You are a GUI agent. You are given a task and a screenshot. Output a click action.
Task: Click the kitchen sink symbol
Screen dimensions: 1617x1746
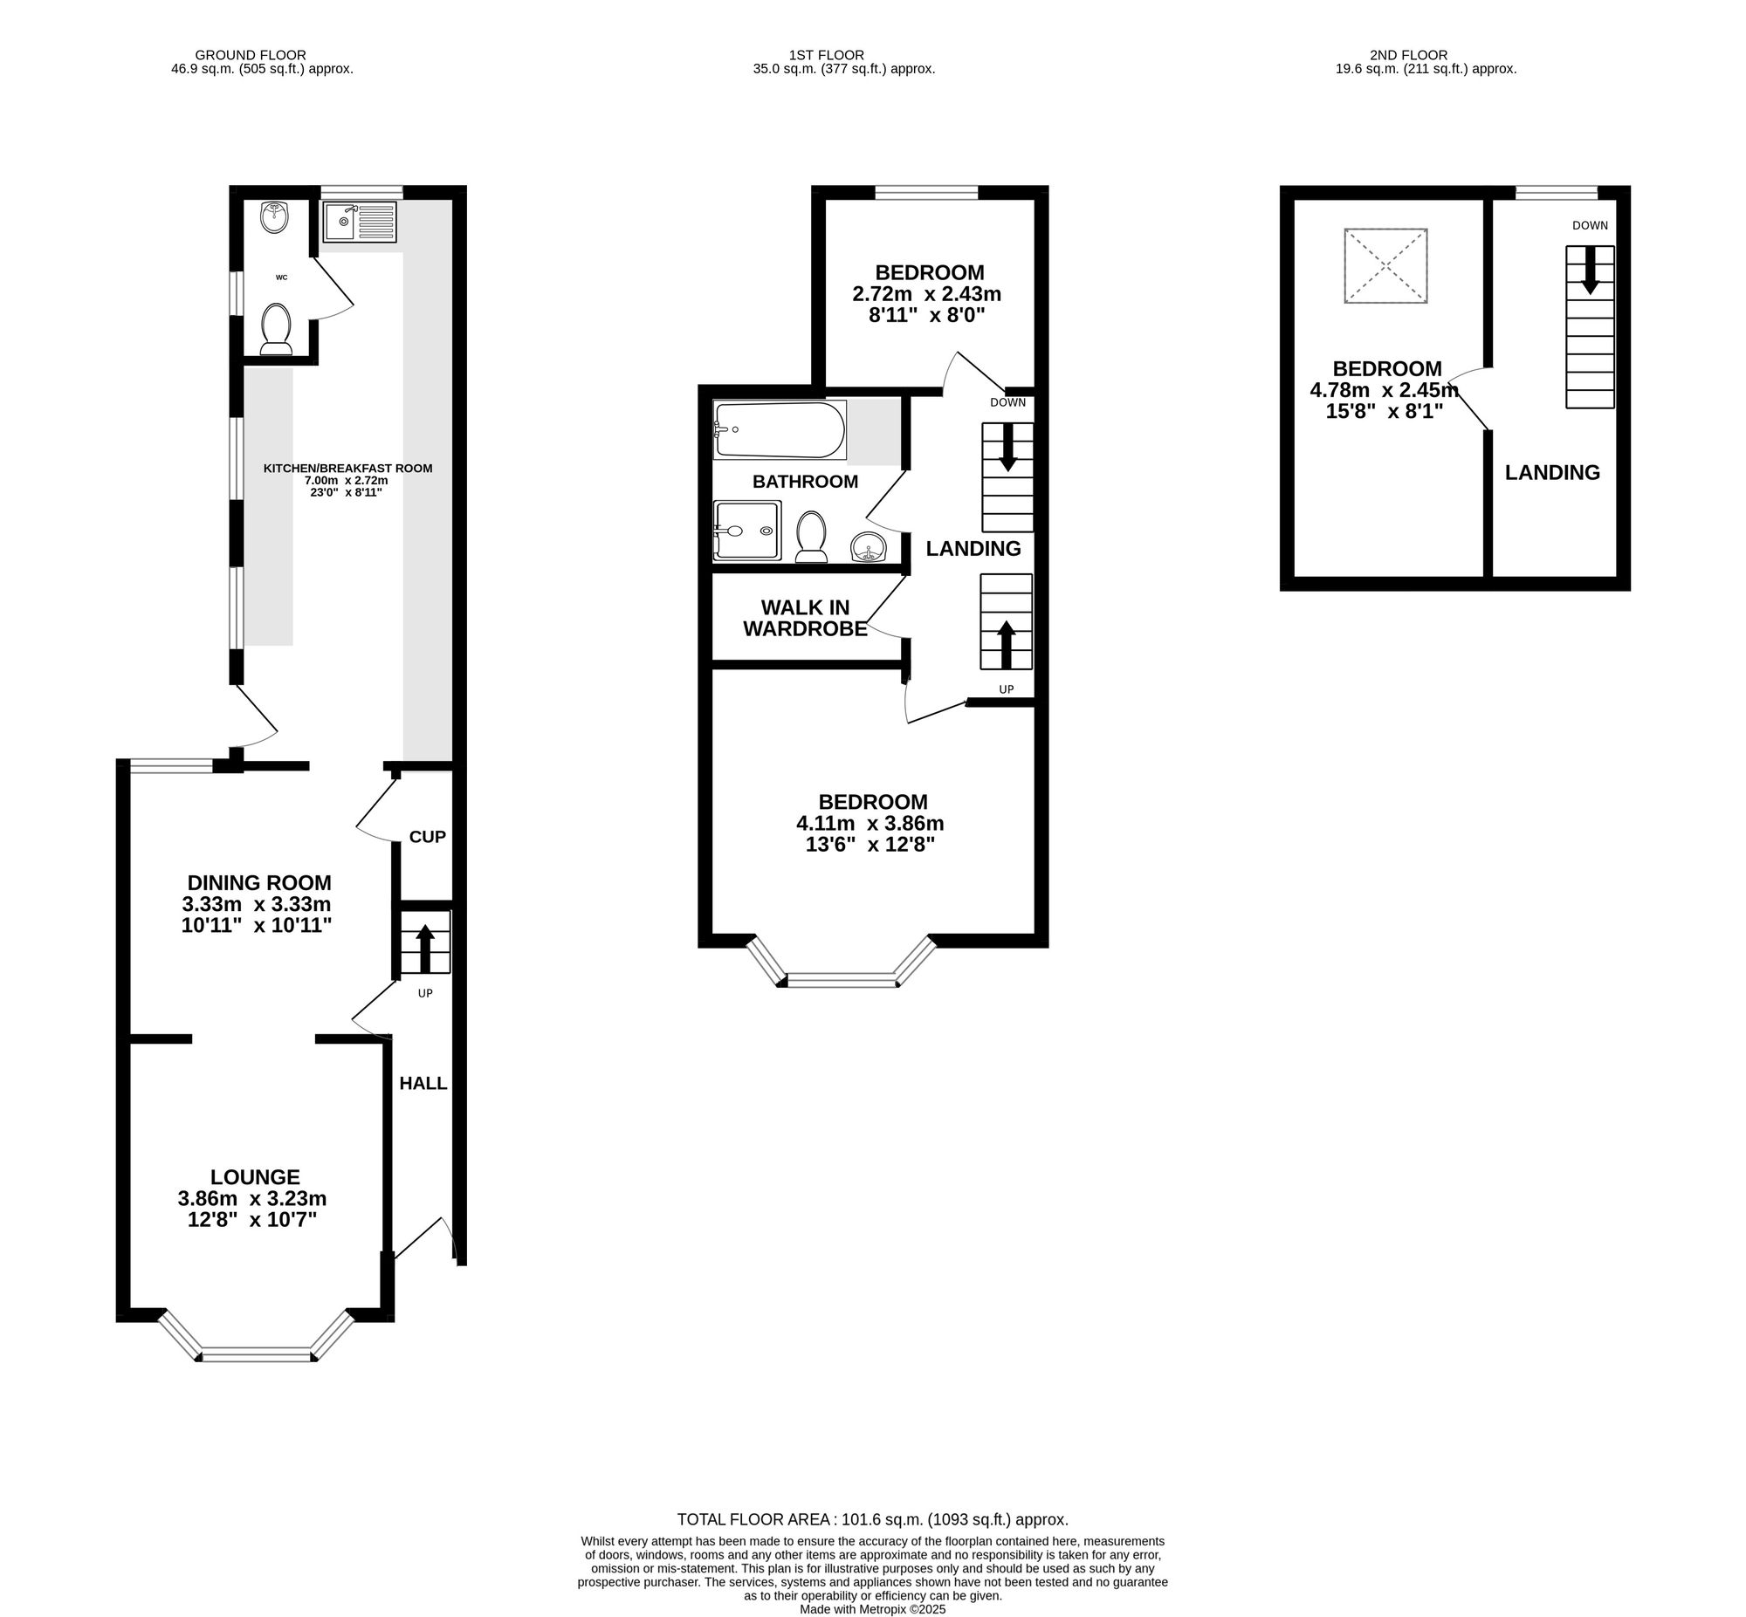[359, 222]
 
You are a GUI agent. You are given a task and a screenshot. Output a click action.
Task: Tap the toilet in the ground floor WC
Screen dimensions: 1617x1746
[276, 329]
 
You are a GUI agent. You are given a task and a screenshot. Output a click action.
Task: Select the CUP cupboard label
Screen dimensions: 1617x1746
[427, 837]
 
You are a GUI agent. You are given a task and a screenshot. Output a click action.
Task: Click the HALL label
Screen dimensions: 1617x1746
[423, 1083]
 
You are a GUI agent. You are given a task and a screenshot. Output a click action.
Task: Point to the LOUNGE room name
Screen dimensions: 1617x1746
[255, 1177]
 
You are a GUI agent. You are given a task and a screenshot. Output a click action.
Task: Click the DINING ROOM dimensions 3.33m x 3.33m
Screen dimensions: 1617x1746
[257, 904]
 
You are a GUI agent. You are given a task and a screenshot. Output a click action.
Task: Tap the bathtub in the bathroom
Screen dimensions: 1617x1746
[778, 429]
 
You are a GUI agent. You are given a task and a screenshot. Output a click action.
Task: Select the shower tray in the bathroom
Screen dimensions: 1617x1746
[746, 531]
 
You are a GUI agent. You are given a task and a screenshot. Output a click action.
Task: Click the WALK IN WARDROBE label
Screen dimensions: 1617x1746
[804, 618]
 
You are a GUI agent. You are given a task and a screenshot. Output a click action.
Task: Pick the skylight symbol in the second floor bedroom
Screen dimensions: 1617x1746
[1385, 266]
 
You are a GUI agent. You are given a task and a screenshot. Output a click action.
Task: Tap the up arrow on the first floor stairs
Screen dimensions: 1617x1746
[1006, 643]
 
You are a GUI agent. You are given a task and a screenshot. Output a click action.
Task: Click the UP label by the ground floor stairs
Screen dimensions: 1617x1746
[424, 993]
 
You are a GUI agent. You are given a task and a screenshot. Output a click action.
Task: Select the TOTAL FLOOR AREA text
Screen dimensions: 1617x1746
[871, 1520]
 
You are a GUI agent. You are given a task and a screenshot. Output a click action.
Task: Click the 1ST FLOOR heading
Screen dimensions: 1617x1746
[819, 55]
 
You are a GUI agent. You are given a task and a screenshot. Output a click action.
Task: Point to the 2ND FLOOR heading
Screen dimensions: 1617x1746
[1408, 55]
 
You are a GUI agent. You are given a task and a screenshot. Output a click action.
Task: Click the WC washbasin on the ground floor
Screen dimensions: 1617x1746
[275, 217]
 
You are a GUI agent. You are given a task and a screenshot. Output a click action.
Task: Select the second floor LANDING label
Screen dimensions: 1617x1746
[1551, 472]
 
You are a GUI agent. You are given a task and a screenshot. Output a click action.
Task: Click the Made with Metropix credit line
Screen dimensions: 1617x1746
[871, 1609]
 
